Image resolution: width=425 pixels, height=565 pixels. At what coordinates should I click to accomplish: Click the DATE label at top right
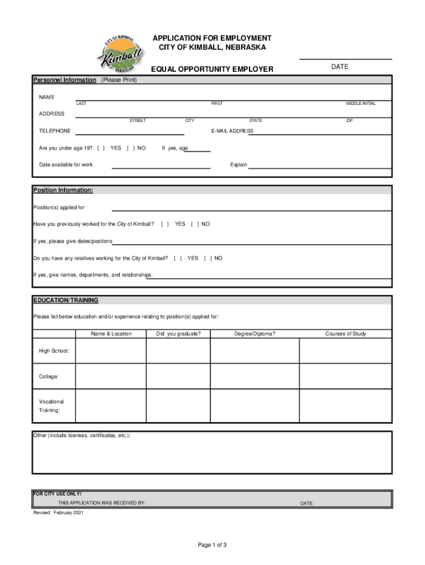tap(340, 67)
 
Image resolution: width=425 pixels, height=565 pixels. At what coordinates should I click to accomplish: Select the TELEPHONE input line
tap(129, 131)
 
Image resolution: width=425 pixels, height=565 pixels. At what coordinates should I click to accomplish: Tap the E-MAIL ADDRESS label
tap(232, 131)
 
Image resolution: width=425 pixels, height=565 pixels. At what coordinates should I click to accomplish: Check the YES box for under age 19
tap(102, 148)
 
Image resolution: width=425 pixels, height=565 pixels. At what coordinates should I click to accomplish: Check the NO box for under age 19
tap(131, 148)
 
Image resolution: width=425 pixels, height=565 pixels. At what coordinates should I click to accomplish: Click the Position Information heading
tap(63, 190)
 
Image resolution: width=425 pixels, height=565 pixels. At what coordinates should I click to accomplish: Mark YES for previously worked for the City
tap(165, 224)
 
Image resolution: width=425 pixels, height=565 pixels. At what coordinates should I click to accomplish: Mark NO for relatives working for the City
tap(208, 258)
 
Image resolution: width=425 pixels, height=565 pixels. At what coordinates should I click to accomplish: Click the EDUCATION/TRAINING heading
tap(66, 301)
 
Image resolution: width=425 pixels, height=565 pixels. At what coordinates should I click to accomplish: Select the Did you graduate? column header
tap(178, 334)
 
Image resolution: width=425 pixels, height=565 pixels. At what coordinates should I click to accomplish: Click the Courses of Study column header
tap(346, 334)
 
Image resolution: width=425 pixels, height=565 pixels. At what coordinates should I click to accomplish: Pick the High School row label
tap(54, 351)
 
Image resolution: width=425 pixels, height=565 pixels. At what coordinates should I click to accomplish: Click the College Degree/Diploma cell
tap(254, 377)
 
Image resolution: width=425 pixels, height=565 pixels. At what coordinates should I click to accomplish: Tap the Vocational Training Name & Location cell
tap(111, 406)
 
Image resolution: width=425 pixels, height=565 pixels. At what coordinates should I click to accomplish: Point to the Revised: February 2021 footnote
tap(59, 513)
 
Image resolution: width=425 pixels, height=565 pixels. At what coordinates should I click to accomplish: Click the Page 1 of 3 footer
tap(212, 545)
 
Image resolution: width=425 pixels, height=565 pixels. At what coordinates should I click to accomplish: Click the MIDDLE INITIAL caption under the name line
tap(360, 104)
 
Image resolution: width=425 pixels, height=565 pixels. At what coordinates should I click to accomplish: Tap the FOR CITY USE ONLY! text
tap(57, 494)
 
